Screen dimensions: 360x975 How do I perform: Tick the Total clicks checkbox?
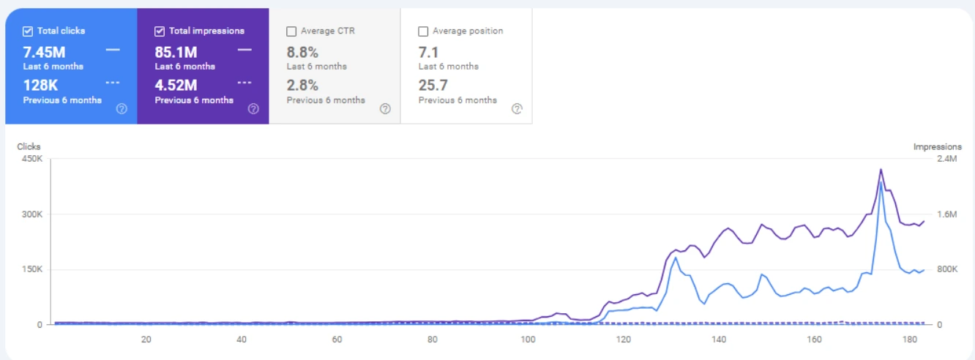click(28, 31)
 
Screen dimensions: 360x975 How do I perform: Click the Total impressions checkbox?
click(160, 31)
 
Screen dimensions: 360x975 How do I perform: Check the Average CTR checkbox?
click(291, 31)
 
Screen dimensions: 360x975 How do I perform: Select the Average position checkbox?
click(423, 31)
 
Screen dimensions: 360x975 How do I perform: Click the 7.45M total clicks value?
click(45, 52)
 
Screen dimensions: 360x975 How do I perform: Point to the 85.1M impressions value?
click(176, 52)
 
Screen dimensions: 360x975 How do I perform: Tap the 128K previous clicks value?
click(41, 86)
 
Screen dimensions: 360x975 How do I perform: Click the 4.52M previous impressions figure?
click(176, 86)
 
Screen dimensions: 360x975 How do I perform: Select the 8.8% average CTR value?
click(302, 52)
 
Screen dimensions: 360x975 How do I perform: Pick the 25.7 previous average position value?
click(433, 86)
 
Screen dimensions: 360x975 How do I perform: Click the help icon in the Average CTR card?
click(385, 109)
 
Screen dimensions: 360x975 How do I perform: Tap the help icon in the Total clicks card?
click(122, 109)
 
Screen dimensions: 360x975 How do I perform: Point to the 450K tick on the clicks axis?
click(31, 159)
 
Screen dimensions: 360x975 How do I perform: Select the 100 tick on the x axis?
click(528, 340)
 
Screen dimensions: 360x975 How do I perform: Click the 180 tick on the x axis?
click(910, 340)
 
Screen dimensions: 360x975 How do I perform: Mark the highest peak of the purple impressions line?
click(881, 170)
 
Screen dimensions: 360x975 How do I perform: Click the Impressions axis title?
click(937, 147)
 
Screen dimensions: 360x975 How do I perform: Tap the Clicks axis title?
click(29, 147)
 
